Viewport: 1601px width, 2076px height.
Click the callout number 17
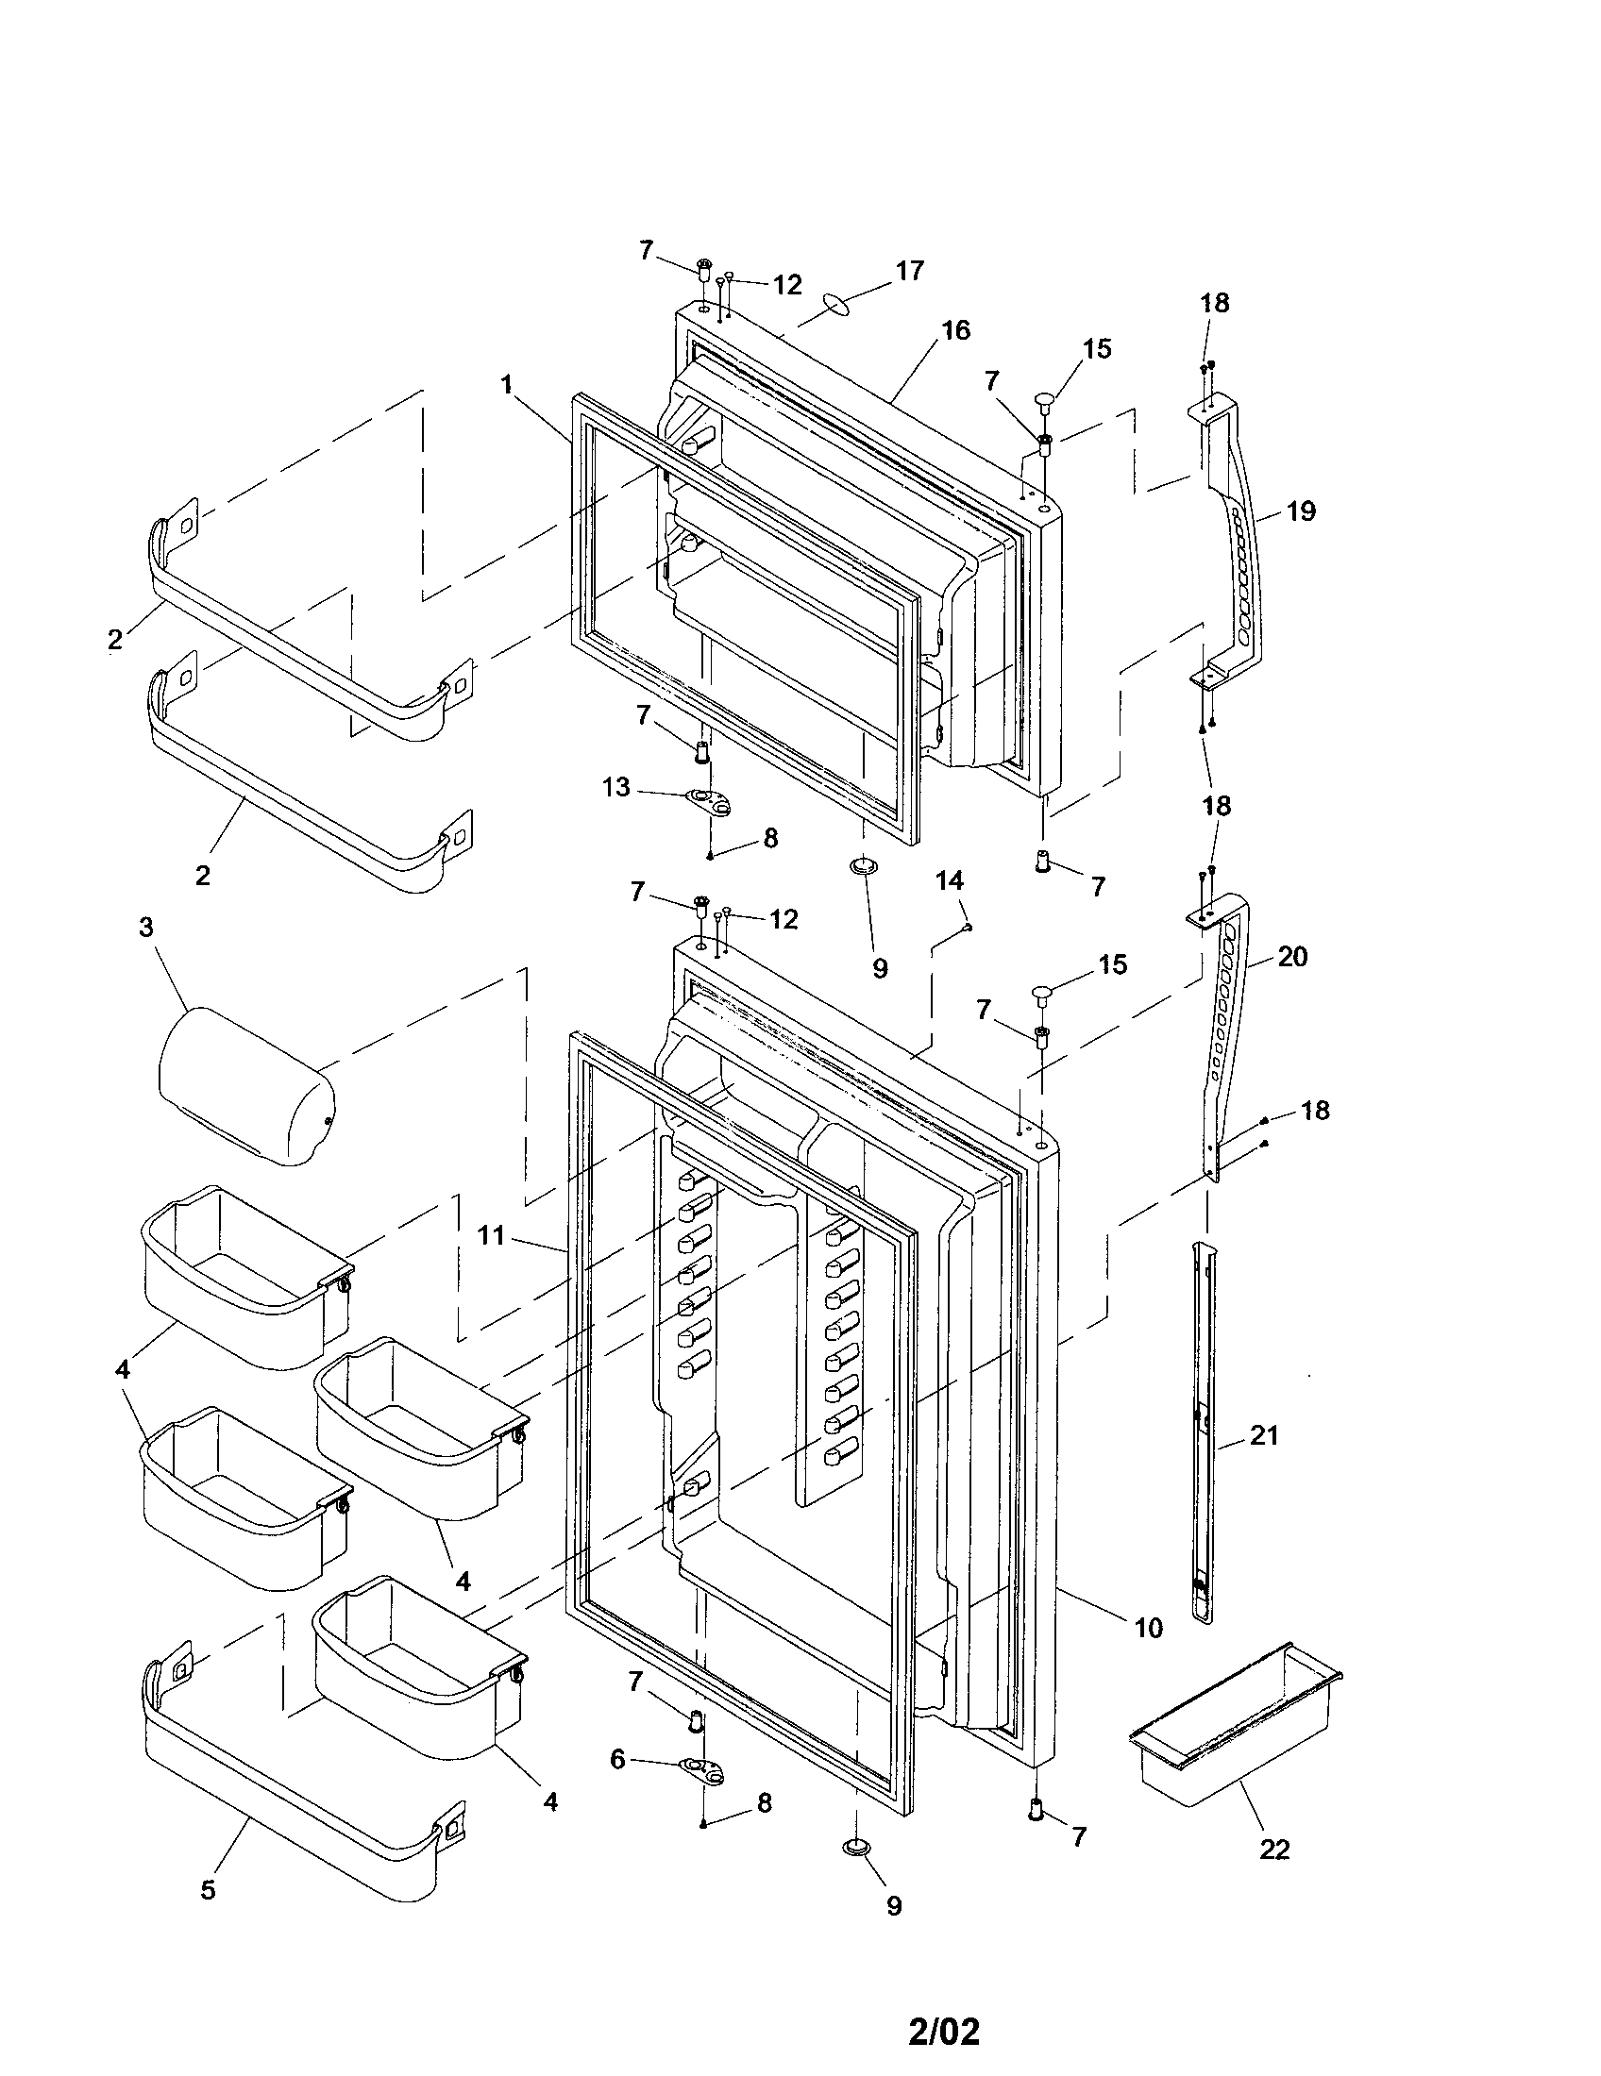[909, 271]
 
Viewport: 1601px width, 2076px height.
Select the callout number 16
[956, 330]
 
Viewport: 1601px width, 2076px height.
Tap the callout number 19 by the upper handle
[1301, 511]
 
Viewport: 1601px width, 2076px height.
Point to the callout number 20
[1292, 956]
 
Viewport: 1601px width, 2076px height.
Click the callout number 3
[146, 927]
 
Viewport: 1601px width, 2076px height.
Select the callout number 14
[950, 880]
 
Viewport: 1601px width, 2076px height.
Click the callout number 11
[491, 1237]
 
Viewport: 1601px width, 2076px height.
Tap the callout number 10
[1149, 1629]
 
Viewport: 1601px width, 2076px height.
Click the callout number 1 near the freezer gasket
[507, 385]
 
